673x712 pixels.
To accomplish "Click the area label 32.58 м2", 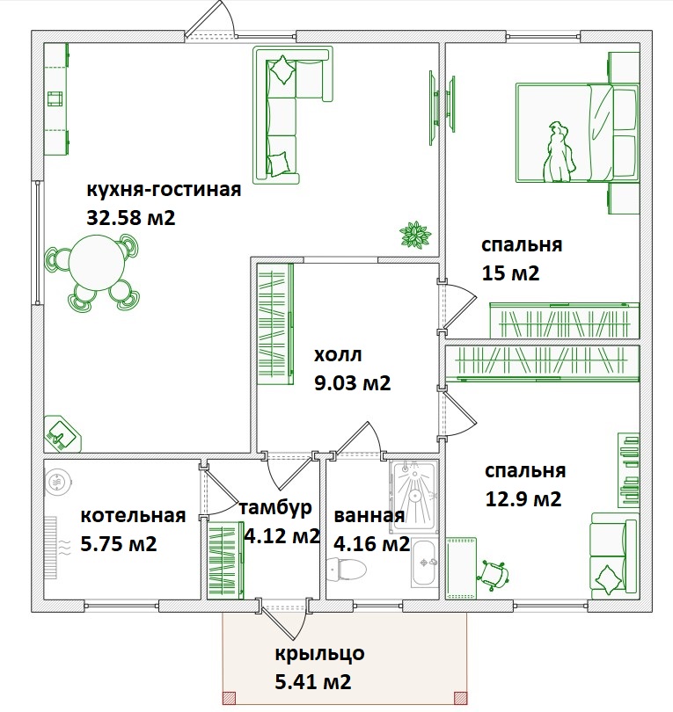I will (131, 218).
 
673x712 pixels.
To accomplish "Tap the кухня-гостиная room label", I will (163, 191).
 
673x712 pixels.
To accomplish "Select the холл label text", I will (339, 355).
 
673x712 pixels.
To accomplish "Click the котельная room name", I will (133, 515).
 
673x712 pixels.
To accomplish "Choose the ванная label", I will (369, 515).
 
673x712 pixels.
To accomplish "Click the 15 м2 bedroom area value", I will (510, 272).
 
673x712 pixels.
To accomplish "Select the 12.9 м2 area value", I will (523, 499).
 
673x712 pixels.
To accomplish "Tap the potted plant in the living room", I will (414, 234).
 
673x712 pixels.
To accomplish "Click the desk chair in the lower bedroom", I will (494, 573).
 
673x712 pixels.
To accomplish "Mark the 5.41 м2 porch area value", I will (314, 681).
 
